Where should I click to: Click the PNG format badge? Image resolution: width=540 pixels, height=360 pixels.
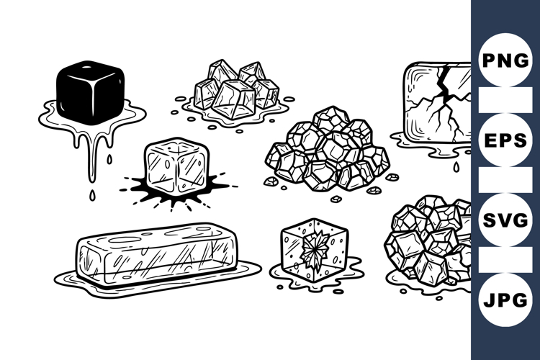point(505,60)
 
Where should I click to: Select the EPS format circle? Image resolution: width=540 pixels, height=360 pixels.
point(505,140)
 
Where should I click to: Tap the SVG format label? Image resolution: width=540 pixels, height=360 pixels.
point(505,220)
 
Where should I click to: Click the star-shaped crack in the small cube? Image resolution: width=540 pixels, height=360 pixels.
point(313,249)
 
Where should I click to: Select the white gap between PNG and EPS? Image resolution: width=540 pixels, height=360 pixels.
point(505,100)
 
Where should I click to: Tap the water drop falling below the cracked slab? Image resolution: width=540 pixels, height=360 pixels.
point(454,166)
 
